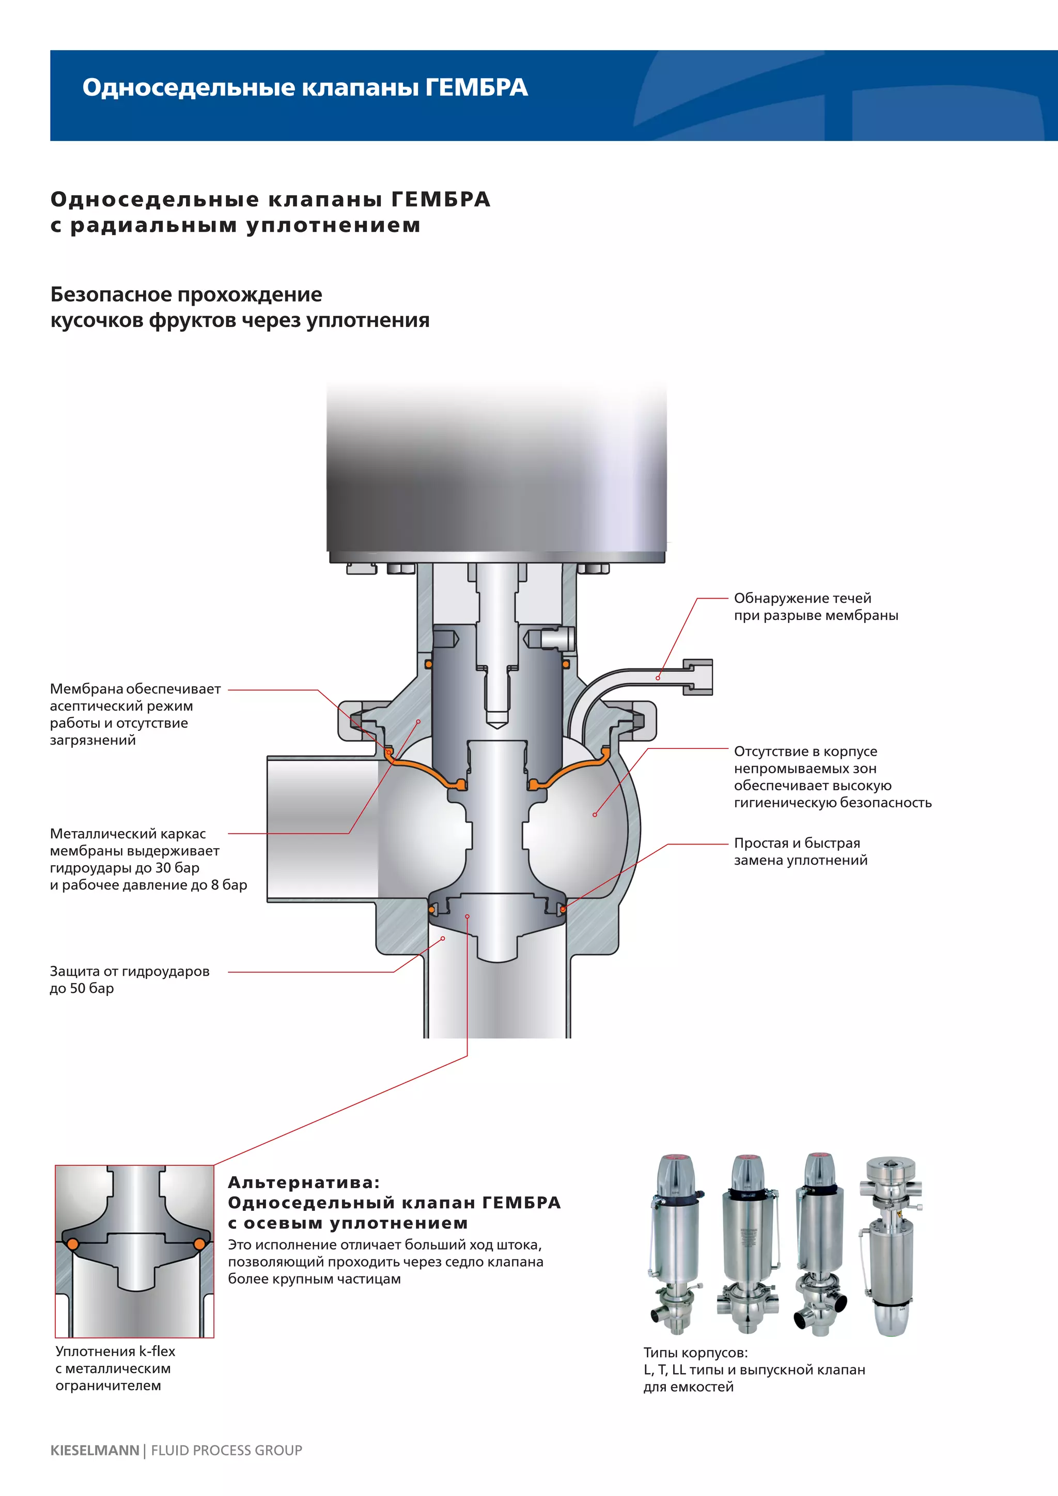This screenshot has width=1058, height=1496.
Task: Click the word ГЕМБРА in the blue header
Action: [x=476, y=87]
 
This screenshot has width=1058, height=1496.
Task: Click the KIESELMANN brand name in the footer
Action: [x=95, y=1450]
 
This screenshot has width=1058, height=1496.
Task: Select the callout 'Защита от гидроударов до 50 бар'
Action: [x=129, y=979]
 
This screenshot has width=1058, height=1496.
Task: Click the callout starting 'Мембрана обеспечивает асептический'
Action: [x=135, y=714]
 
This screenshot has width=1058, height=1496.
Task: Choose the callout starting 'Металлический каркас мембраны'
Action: [x=148, y=859]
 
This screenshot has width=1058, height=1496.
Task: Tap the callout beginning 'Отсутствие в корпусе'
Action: [x=832, y=776]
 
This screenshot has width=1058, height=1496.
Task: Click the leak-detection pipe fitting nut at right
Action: [x=698, y=677]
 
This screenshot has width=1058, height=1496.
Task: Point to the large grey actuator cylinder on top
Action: [x=496, y=469]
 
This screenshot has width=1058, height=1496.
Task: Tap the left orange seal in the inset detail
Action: [x=73, y=1244]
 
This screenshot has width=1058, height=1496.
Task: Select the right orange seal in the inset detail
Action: [x=199, y=1244]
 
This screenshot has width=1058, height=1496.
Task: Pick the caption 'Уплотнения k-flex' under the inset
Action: [x=115, y=1351]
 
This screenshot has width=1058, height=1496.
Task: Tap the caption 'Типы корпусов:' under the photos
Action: [x=695, y=1353]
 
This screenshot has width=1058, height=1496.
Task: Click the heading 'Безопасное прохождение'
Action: [x=186, y=294]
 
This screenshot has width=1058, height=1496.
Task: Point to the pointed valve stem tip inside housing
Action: [x=496, y=720]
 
